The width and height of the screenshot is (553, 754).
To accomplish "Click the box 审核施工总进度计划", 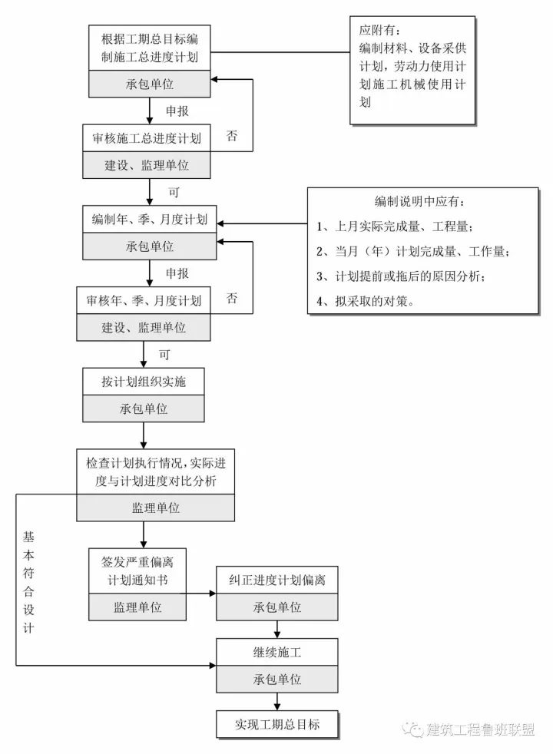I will (147, 139).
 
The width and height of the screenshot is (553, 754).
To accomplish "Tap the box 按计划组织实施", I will (144, 381).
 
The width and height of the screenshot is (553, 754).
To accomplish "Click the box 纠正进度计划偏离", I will (276, 580).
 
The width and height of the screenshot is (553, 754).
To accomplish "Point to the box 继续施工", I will (276, 653).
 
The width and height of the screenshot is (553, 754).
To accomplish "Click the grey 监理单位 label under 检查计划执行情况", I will (155, 508).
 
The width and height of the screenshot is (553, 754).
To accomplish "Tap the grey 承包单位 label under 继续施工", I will (276, 680).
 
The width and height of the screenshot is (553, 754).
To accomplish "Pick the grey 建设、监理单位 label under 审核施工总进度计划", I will (147, 164).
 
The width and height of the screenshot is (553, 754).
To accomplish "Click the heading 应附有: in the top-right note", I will (379, 32).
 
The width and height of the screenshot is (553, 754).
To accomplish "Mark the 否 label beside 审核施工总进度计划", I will (231, 136).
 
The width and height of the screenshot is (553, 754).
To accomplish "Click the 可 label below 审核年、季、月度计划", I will (164, 355).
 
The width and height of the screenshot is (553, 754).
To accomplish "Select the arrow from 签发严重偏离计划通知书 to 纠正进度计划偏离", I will (202, 593).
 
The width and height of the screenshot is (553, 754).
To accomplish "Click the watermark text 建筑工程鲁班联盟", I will (480, 729).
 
